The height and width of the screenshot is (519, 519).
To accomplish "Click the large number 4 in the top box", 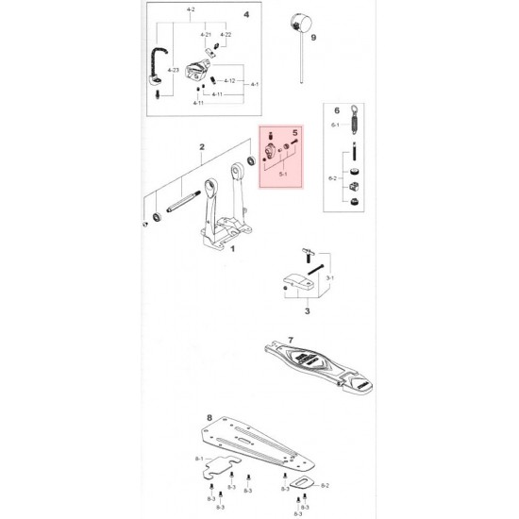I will [246, 15].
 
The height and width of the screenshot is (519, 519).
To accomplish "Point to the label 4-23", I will [173, 71].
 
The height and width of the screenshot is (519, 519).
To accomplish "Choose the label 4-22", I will [226, 34].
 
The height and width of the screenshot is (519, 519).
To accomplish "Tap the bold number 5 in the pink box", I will [295, 134].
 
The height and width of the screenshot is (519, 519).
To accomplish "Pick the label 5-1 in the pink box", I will [282, 174].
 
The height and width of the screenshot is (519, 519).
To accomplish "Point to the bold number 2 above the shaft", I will [202, 147].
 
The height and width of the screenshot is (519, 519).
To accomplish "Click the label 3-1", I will [328, 280].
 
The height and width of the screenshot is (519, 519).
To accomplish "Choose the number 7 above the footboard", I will [292, 338].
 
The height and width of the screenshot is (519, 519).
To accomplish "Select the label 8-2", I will [326, 485].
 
